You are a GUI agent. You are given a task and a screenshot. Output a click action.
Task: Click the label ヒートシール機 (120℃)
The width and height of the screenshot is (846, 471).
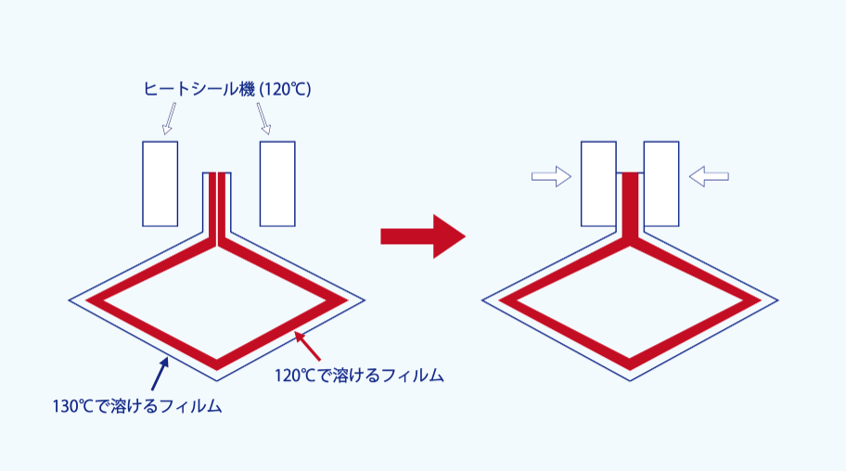226,90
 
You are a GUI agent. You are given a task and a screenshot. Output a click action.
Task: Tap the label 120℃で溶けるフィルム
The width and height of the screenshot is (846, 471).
359,376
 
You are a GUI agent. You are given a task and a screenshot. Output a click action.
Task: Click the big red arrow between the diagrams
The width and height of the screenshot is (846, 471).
422,236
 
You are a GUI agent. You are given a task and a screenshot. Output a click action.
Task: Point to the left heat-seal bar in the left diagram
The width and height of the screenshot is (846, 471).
160,184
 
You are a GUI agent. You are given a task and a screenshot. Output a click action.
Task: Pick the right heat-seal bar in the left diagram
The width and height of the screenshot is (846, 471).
277,184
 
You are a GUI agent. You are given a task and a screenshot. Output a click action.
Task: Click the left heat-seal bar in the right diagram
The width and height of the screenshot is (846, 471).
598,184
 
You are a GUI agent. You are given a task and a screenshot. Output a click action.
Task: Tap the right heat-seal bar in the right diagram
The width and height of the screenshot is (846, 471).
660,184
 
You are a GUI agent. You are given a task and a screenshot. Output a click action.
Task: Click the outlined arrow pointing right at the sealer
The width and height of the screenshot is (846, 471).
551,176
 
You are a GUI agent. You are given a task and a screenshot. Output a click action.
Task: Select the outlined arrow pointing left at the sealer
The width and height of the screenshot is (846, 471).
710,176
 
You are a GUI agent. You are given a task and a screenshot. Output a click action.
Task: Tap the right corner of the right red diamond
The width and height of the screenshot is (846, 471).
751,300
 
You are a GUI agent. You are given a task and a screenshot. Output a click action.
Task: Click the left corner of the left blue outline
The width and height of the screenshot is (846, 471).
71,299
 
